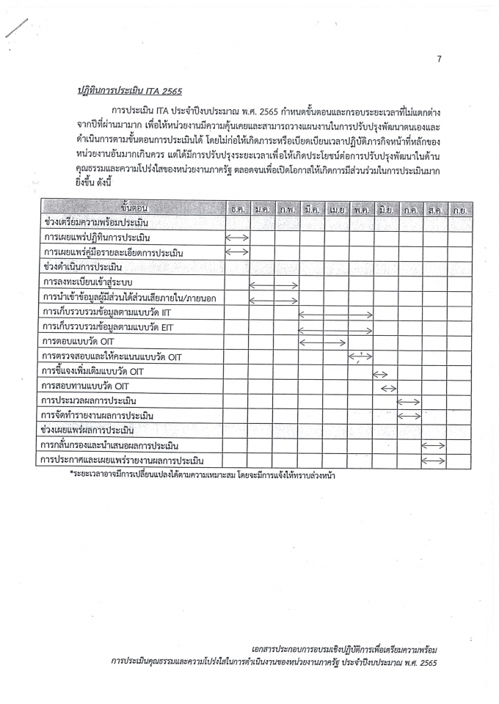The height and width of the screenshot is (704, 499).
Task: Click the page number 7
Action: click(439, 59)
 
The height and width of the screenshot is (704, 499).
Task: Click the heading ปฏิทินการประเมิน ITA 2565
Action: click(129, 91)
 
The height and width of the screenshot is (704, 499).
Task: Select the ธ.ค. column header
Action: click(238, 209)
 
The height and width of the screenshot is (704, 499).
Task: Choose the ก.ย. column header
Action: click(460, 209)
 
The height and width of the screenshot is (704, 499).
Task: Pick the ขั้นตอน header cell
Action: click(132, 208)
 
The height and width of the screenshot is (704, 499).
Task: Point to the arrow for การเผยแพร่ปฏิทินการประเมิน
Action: click(237, 237)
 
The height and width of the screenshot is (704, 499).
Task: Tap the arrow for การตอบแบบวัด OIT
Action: click(323, 342)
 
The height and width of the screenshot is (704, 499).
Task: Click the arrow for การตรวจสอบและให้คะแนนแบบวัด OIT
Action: click(360, 357)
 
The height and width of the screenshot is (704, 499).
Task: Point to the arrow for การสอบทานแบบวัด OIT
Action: click(389, 387)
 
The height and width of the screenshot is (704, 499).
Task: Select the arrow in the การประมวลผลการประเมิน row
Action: click(408, 402)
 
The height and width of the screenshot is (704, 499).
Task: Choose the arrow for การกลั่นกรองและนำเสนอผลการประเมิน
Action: click(433, 445)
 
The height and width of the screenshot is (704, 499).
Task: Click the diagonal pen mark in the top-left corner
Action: click(16, 27)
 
